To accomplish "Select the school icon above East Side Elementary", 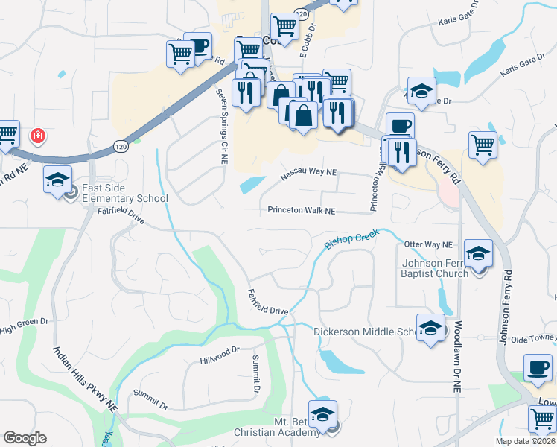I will [x=57, y=180].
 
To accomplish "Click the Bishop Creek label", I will [x=352, y=239].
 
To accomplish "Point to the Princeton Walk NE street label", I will [x=302, y=211].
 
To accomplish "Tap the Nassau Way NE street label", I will [x=308, y=175].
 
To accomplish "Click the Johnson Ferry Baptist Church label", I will [x=435, y=268].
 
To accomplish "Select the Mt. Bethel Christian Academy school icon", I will [x=322, y=415].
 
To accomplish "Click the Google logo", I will [x=25, y=438].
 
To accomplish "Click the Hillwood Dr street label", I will [x=220, y=355].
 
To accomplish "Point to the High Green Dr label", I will [x=24, y=325].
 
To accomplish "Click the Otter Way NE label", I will [x=427, y=244].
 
